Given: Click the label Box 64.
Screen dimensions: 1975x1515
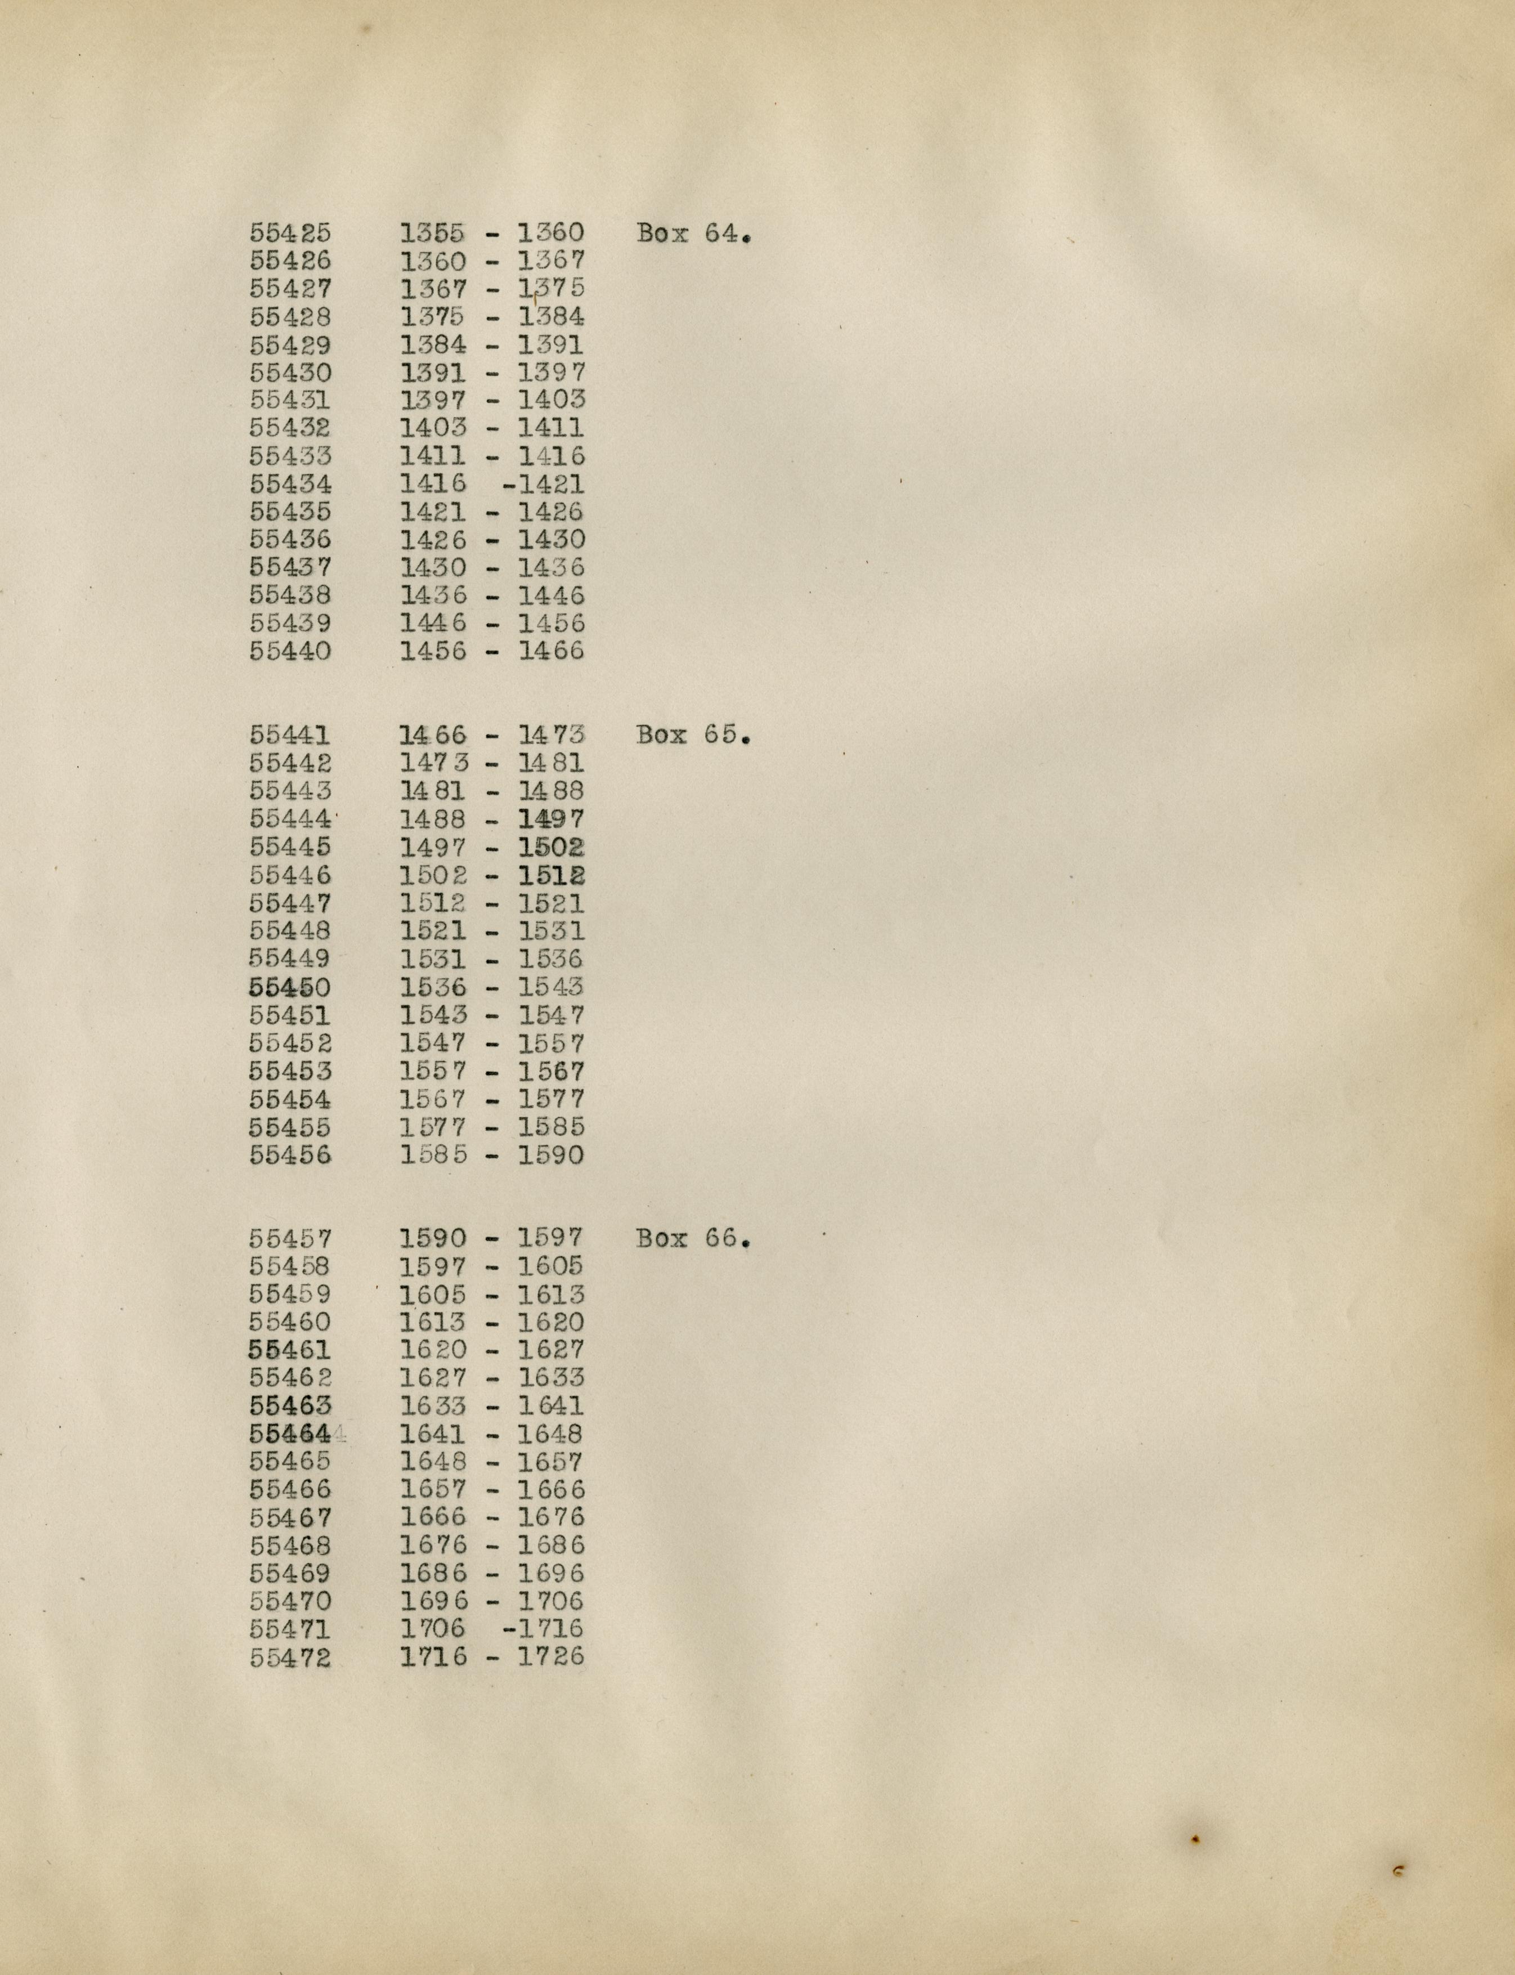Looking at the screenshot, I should tap(693, 234).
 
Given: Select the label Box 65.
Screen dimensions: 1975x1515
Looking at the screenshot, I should tap(693, 735).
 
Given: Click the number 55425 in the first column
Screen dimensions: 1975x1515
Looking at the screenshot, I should tap(290, 232).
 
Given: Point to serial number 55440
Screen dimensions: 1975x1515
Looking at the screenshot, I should tap(290, 651).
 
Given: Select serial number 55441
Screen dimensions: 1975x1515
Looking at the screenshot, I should tap(290, 735).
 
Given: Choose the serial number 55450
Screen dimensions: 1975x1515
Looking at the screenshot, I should tap(290, 987).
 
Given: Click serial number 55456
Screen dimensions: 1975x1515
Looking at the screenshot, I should tap(290, 1156).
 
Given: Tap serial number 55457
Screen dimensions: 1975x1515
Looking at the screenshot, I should tap(290, 1238).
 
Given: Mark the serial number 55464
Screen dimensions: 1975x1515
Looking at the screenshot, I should tap(290, 1434).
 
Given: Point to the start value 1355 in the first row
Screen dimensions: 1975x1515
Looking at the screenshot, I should tap(433, 232).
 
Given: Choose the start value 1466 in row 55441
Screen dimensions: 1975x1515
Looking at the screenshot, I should tap(433, 735).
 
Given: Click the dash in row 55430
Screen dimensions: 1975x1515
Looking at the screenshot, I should tap(492, 373).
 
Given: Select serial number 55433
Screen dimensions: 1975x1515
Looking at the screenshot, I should tap(290, 456).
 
